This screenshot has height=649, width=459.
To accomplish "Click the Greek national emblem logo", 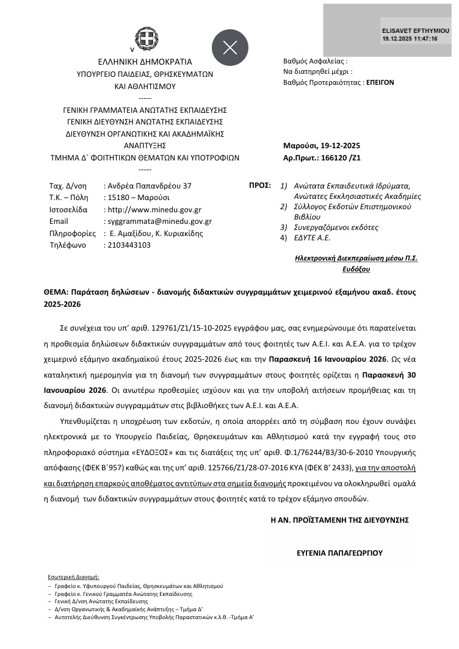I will (145, 42).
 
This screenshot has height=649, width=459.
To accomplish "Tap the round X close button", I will (230, 48).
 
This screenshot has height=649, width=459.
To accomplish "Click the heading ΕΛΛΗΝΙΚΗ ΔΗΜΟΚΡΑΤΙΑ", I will (145, 62).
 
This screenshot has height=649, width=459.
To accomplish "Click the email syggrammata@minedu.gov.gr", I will (159, 221).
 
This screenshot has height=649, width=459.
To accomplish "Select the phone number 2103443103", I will (128, 245).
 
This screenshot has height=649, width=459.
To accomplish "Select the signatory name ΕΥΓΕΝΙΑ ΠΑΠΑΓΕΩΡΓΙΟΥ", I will (339, 553).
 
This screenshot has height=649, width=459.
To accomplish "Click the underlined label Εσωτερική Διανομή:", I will (73, 576).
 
